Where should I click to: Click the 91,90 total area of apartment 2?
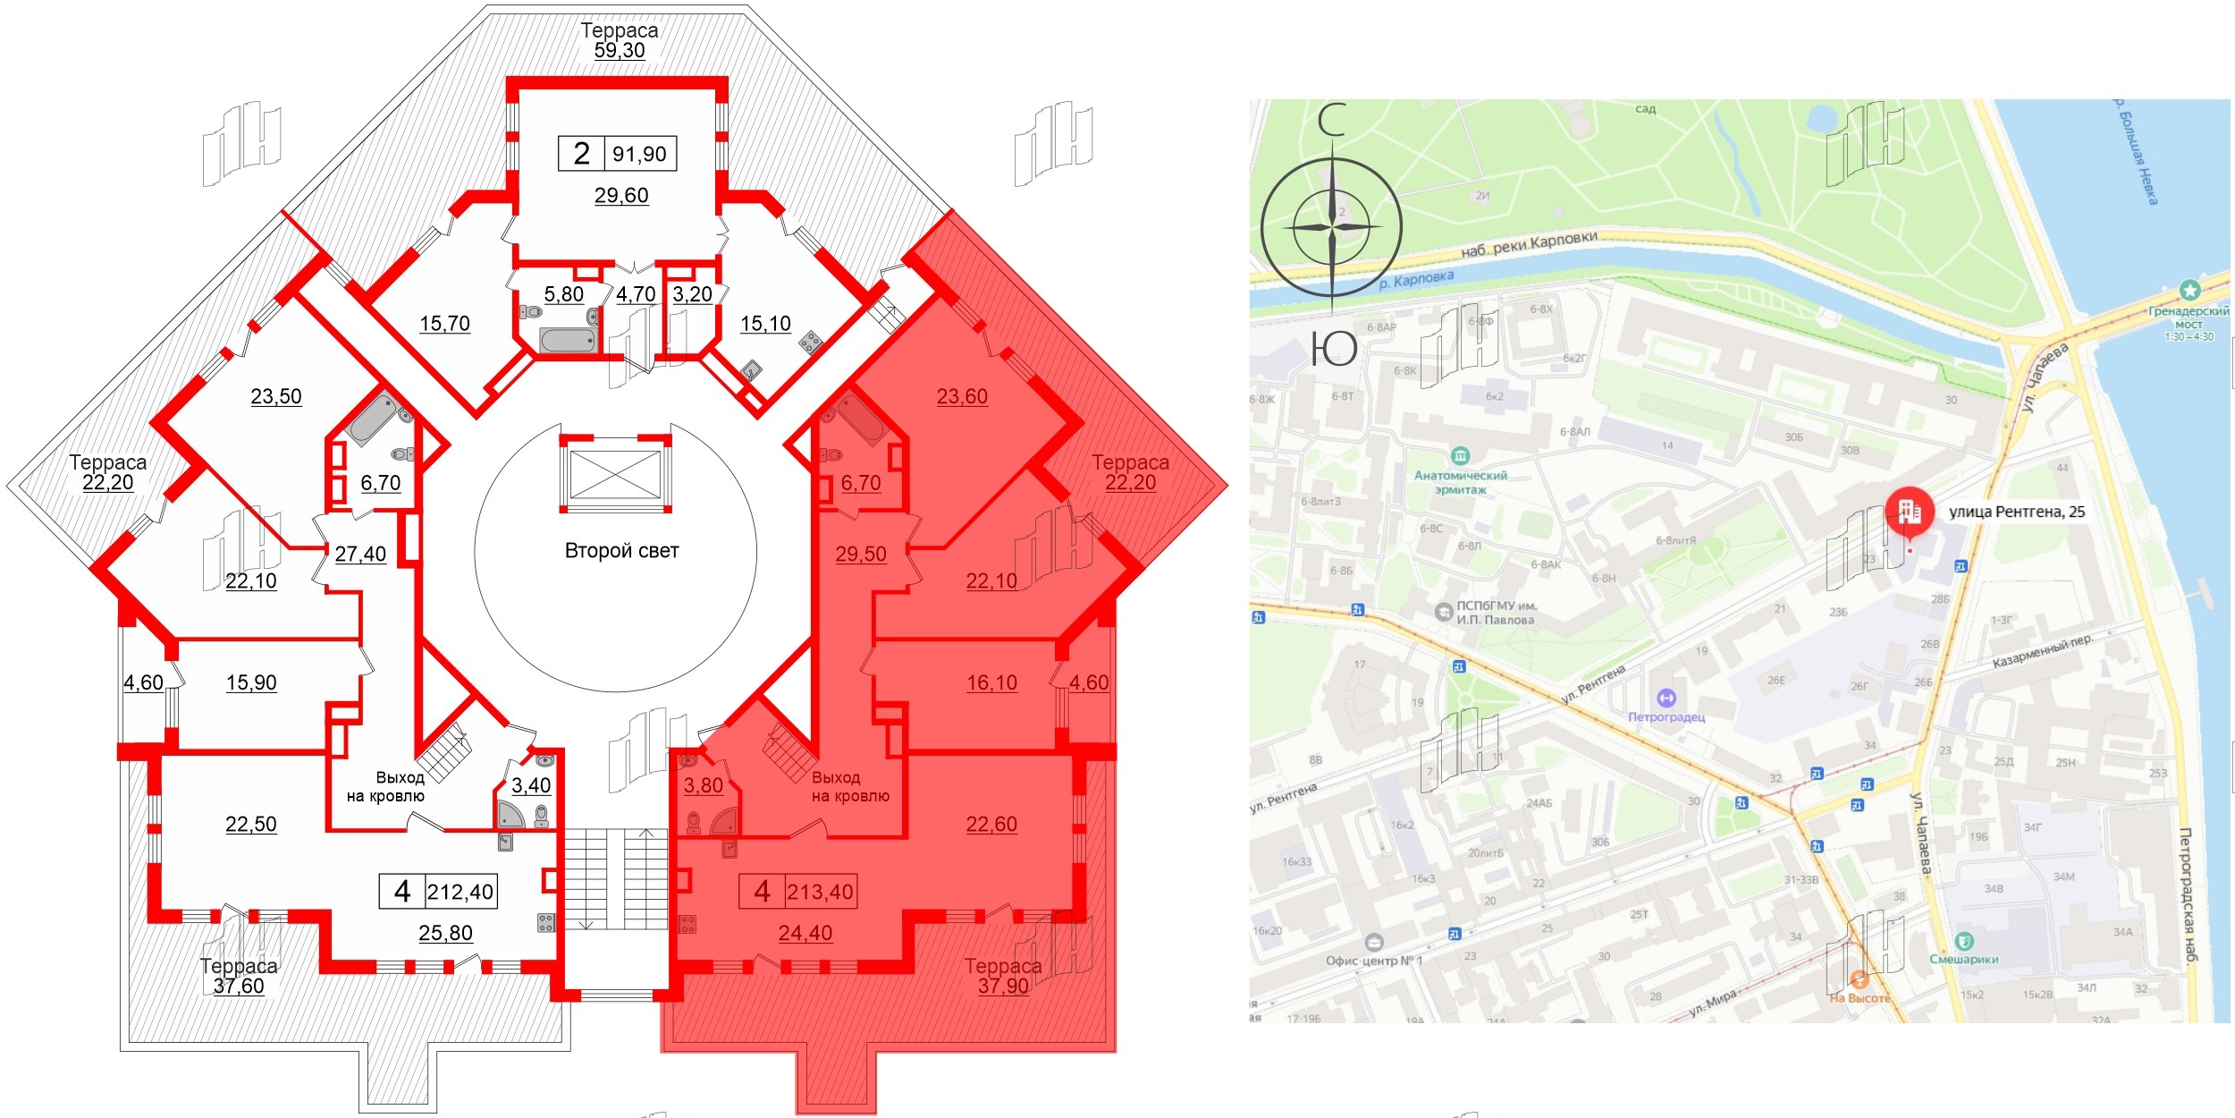(x=639, y=154)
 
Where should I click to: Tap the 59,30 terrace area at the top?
(x=620, y=50)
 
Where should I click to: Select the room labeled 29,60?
(x=621, y=195)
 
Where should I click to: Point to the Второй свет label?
(x=621, y=551)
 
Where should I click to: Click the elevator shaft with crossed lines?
(x=615, y=474)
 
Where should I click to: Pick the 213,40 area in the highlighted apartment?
(x=820, y=892)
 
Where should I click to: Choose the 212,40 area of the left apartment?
(x=460, y=892)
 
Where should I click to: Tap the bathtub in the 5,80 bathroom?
(x=567, y=340)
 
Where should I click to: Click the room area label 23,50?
(x=276, y=396)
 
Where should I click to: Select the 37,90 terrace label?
(x=1003, y=986)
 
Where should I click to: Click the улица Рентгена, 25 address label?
(x=2017, y=512)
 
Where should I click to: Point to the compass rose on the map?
(x=1331, y=227)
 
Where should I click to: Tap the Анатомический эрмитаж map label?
(x=1461, y=482)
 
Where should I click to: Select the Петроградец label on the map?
(x=1666, y=716)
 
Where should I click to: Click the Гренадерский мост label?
(x=2189, y=318)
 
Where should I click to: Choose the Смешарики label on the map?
(x=1964, y=959)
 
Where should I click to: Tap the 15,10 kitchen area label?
(x=765, y=324)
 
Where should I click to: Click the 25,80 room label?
(x=445, y=933)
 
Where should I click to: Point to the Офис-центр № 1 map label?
(x=1373, y=961)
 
